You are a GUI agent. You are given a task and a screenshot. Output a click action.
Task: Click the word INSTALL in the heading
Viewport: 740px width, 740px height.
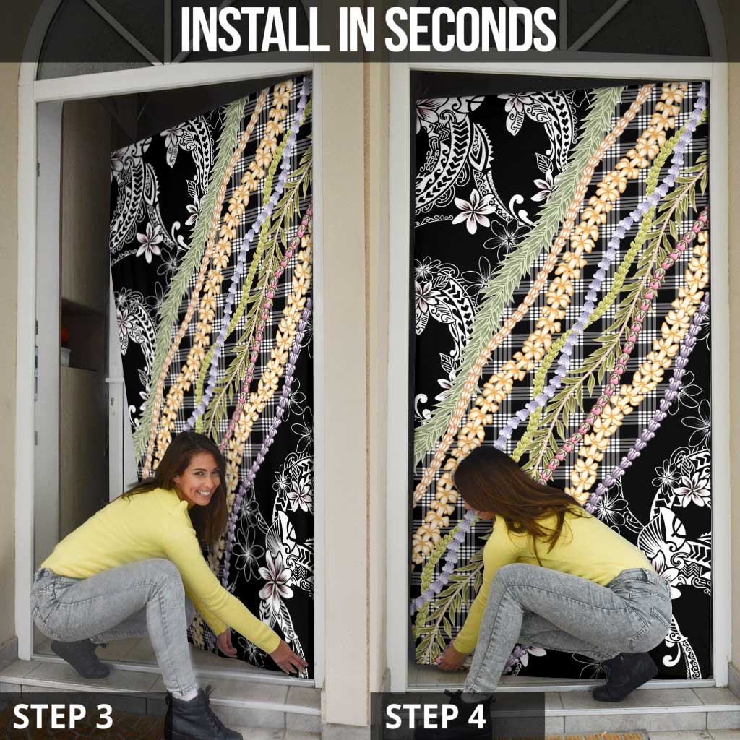tap(255, 29)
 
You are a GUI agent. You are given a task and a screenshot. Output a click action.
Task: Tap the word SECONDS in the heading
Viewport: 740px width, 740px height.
tap(471, 29)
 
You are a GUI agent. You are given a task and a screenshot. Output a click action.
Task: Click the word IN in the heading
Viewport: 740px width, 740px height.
tap(357, 29)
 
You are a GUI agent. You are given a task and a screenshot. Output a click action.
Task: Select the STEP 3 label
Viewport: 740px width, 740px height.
tap(63, 716)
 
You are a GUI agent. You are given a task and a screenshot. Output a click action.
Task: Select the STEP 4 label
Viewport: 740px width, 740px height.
tap(436, 716)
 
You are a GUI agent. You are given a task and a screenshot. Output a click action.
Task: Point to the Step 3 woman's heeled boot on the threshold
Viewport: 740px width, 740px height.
tap(81, 658)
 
